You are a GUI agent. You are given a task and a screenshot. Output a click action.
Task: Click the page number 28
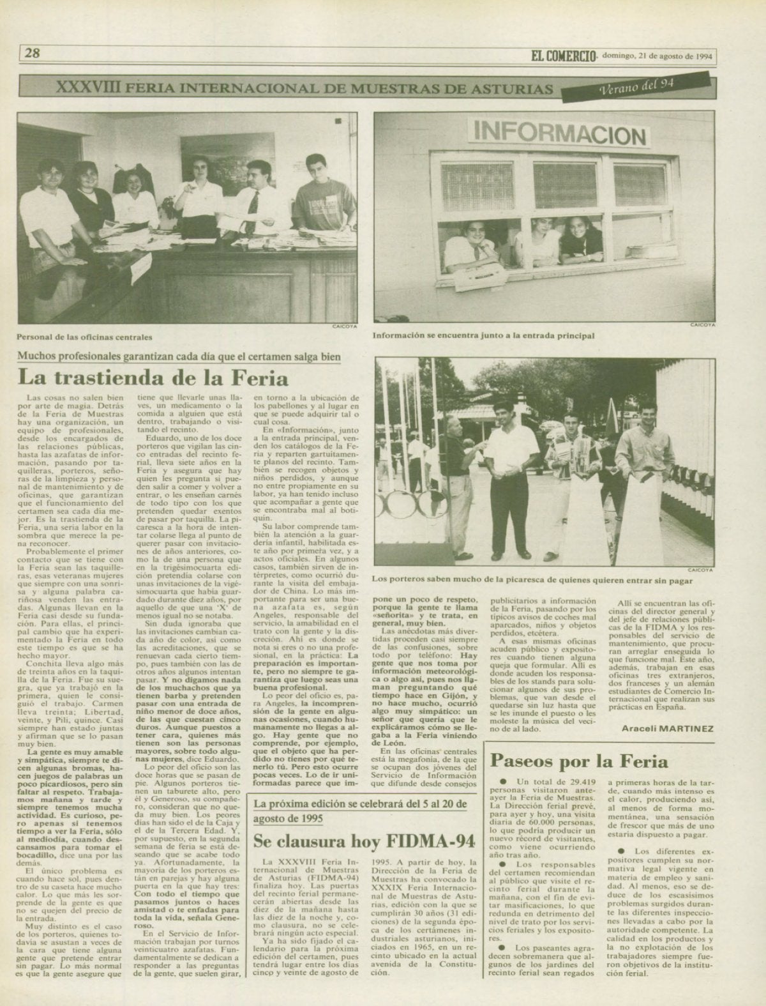coord(33,53)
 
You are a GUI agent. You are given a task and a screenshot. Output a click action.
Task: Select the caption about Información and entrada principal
coord(484,334)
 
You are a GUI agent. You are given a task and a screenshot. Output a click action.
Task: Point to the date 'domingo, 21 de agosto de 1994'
coord(657,56)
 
